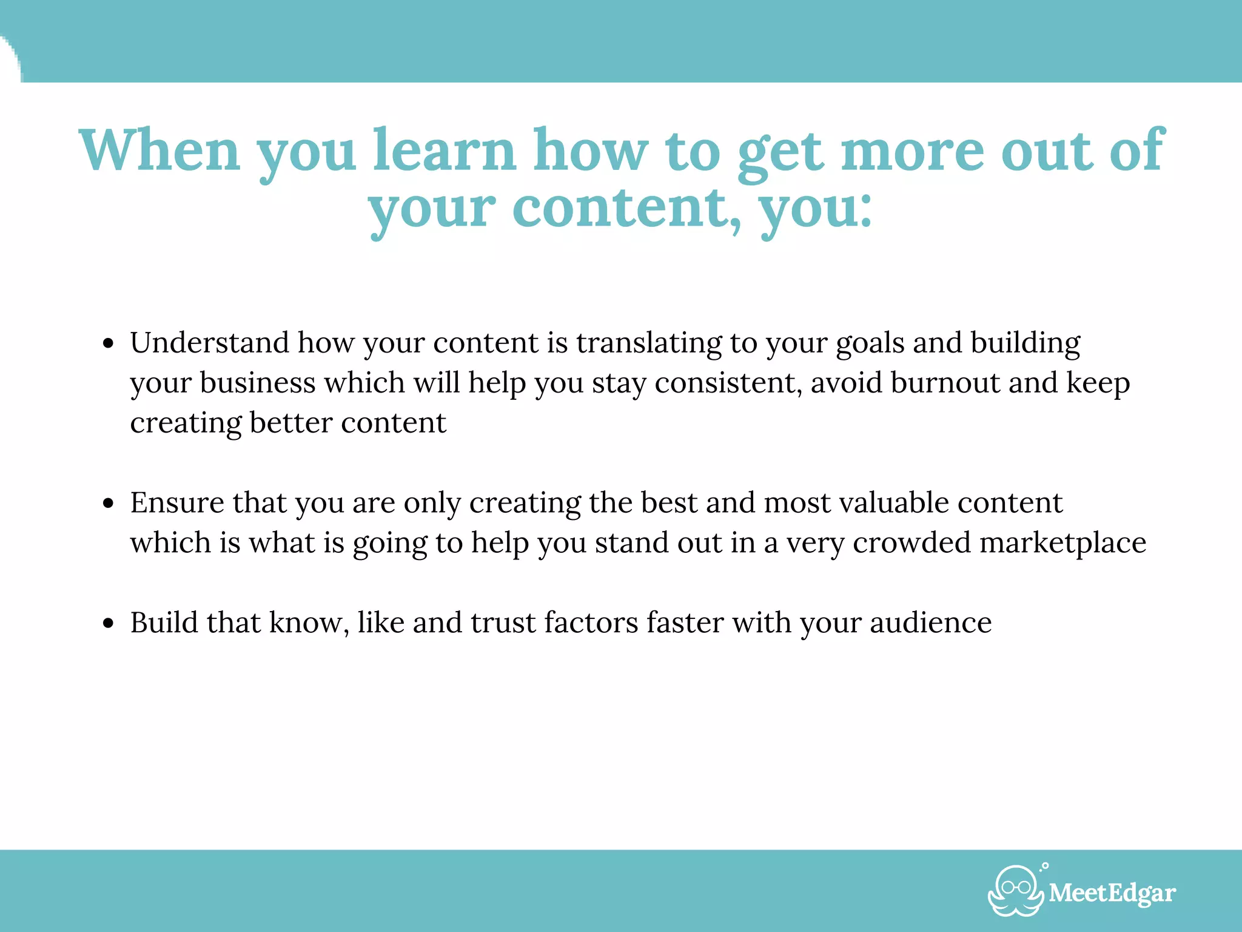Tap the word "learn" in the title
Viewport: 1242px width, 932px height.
(x=444, y=150)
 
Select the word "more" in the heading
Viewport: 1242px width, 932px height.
(x=913, y=150)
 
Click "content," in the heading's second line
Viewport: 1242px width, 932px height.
(x=627, y=208)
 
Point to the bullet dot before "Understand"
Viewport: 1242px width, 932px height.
(x=109, y=344)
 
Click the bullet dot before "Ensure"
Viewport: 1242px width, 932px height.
(x=109, y=504)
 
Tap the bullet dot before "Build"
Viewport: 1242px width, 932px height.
(x=109, y=624)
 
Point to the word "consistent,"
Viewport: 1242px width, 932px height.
(x=728, y=383)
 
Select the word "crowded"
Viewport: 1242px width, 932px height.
(x=911, y=542)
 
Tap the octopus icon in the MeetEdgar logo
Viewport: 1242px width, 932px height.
(x=1015, y=890)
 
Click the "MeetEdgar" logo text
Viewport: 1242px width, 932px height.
(x=1112, y=893)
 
